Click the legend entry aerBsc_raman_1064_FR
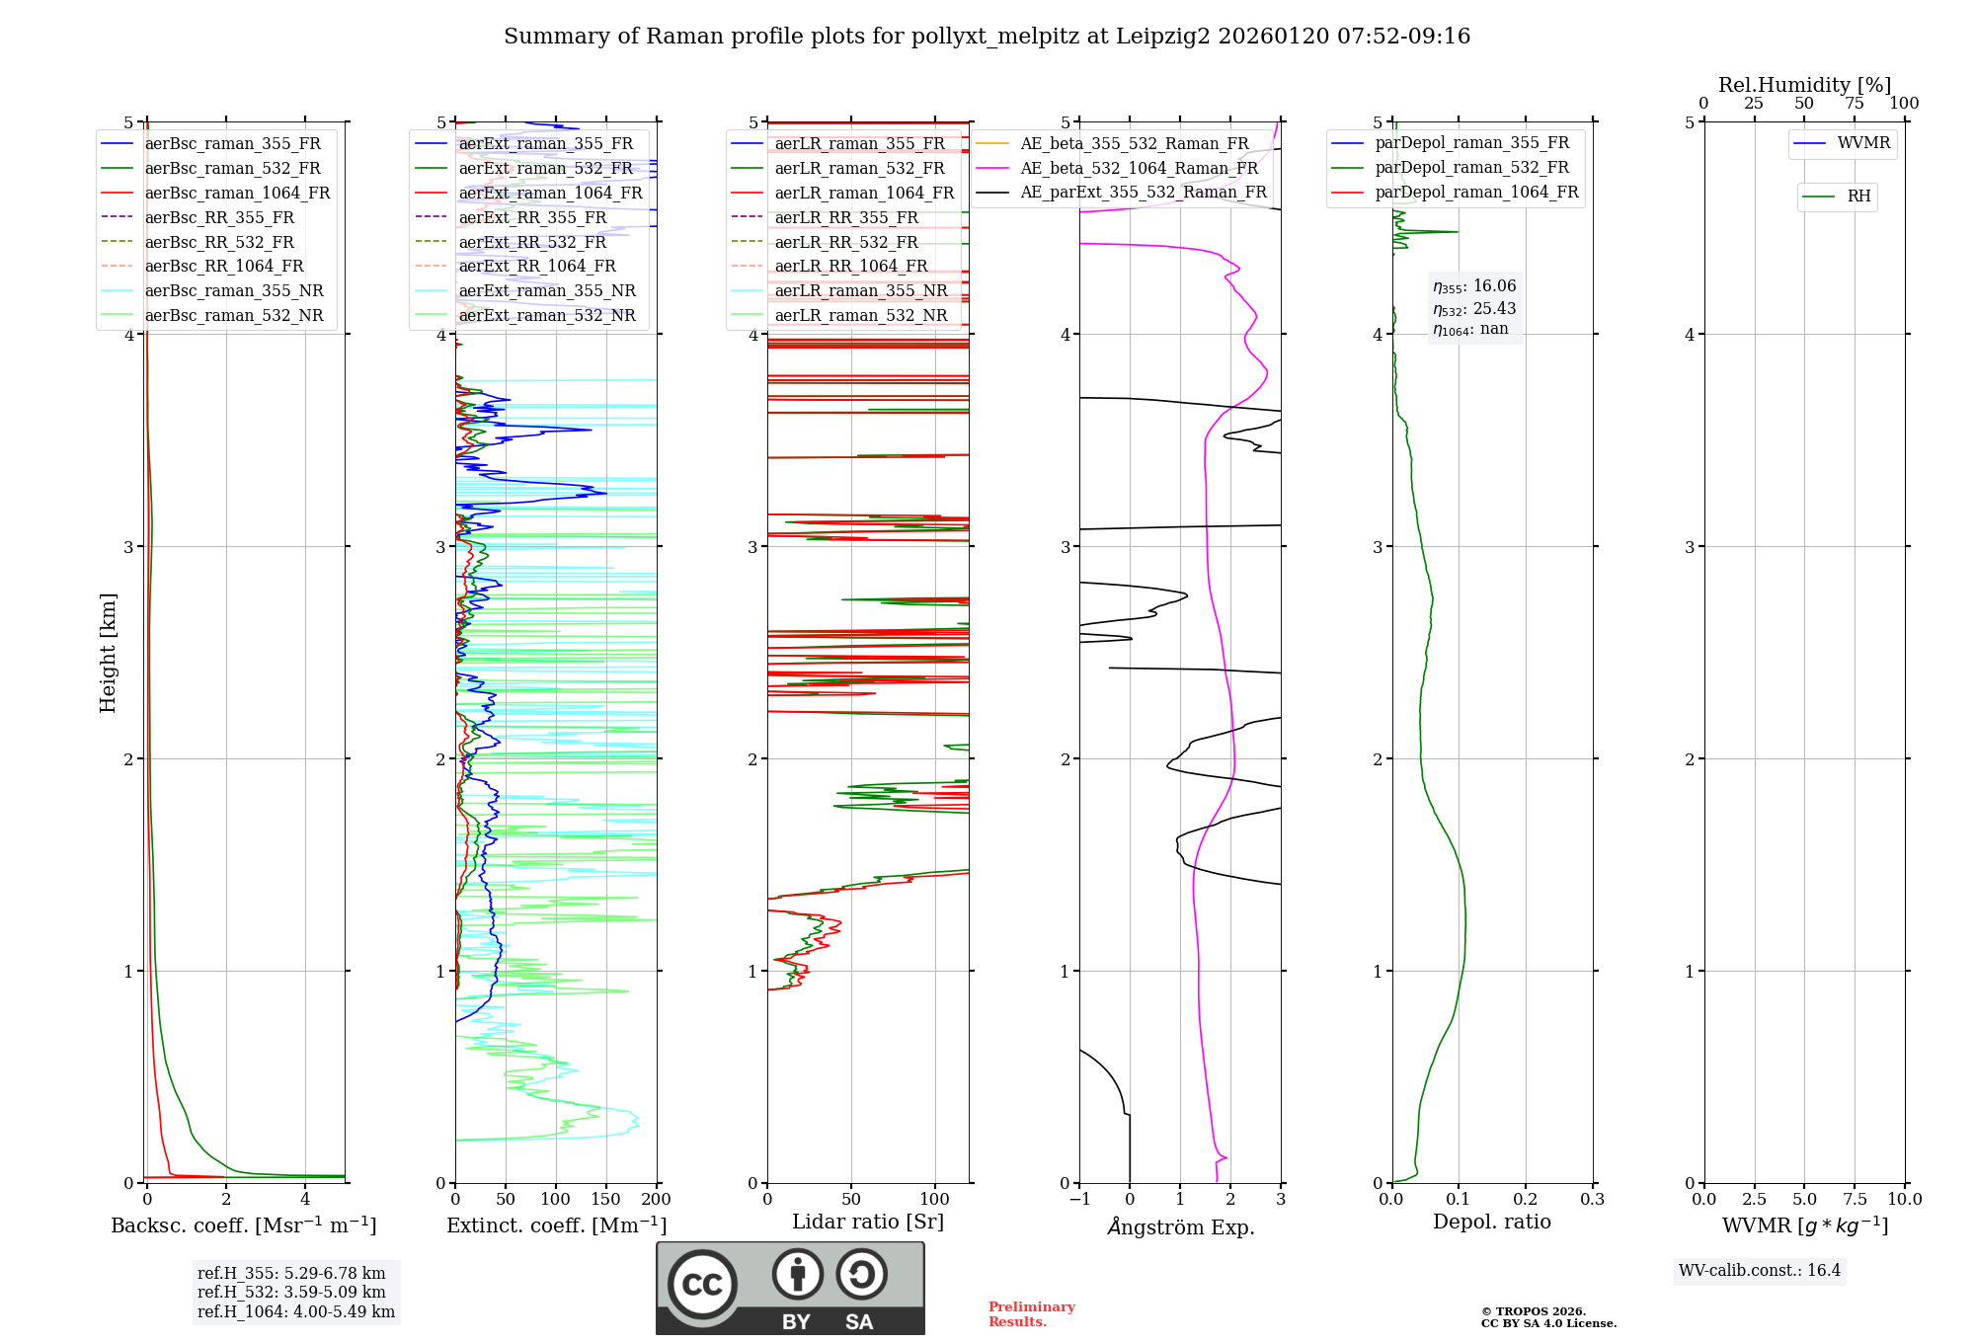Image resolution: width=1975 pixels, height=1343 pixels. point(237,194)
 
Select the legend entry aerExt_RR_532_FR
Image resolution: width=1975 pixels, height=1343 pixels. point(532,242)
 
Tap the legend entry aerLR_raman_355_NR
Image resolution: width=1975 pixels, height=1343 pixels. point(860,290)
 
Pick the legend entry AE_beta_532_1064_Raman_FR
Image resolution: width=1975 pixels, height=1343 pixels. point(1139,168)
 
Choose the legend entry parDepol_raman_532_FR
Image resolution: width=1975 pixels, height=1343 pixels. point(1471,168)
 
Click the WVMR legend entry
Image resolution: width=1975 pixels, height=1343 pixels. point(1863,143)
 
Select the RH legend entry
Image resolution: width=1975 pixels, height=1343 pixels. point(1858,197)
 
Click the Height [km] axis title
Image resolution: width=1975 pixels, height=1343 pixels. point(108,653)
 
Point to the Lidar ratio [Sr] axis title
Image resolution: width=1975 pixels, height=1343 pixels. point(868,1222)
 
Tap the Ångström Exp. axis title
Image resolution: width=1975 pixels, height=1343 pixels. point(1181,1226)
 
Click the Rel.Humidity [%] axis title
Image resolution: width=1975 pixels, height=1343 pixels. point(1804,85)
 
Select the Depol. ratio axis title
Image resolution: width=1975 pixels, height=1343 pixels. point(1491,1222)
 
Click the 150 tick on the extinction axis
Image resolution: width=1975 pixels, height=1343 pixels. point(605,1200)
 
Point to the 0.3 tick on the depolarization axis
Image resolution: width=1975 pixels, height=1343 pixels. point(1592,1200)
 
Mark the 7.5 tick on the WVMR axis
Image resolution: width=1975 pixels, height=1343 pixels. point(1855,1200)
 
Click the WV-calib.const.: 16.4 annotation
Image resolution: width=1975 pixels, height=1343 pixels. point(1760,1270)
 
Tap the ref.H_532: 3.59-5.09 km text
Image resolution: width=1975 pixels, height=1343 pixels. point(291,1292)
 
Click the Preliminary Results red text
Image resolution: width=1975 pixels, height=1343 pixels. point(1031,1314)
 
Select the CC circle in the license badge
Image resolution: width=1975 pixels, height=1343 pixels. point(702,1284)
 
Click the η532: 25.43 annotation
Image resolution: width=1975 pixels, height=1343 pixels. point(1474,309)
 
